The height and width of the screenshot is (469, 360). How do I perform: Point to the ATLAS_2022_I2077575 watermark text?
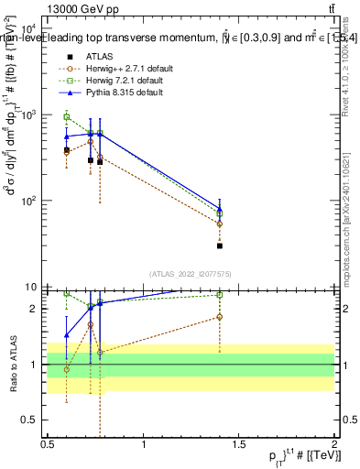(x=191, y=273)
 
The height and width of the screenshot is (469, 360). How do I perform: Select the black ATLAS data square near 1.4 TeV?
(x=220, y=245)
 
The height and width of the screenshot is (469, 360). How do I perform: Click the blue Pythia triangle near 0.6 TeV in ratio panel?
(x=66, y=335)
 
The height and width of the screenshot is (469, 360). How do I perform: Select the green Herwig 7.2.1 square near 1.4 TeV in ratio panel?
(x=220, y=295)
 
